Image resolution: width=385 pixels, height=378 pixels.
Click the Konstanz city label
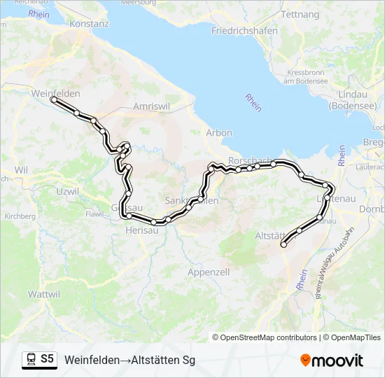90,23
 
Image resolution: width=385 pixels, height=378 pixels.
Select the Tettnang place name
299,15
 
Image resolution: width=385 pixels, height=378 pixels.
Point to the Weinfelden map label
56,93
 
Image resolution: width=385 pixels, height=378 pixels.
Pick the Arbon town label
219,133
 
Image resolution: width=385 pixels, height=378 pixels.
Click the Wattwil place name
44,295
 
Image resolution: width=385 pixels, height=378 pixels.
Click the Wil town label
20,170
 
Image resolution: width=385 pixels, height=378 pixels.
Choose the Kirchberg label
20,217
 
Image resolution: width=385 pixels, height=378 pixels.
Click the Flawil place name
94,215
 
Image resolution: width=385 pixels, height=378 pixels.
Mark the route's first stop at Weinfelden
53,100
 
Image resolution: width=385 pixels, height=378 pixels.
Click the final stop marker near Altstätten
283,244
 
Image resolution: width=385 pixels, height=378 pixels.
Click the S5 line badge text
47,359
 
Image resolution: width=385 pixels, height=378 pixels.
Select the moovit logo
332,360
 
